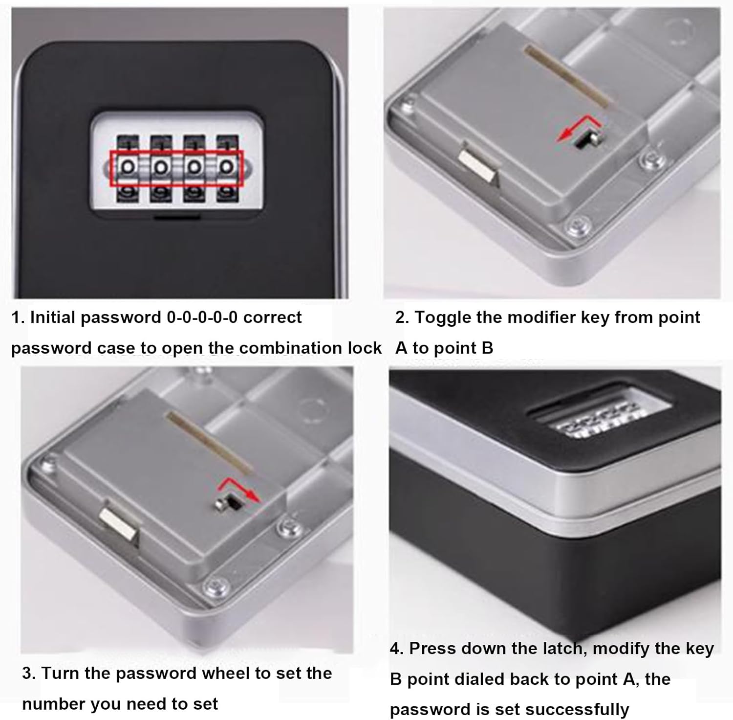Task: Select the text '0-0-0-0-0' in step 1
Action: coord(202,317)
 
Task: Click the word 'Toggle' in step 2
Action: coord(443,317)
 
